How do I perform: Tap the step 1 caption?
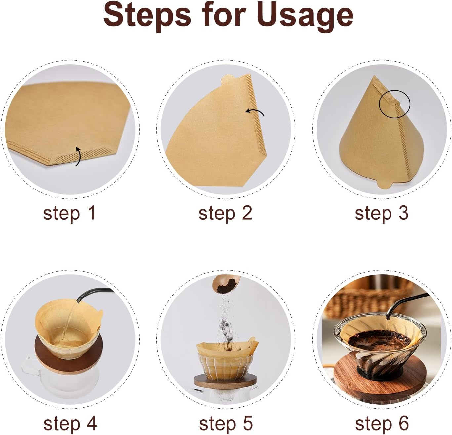[69, 213]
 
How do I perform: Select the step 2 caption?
[225, 213]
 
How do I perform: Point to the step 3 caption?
[382, 213]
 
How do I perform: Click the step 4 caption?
[70, 423]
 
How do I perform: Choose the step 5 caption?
[226, 423]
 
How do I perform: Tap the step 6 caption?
[382, 423]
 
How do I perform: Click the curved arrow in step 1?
[78, 156]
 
